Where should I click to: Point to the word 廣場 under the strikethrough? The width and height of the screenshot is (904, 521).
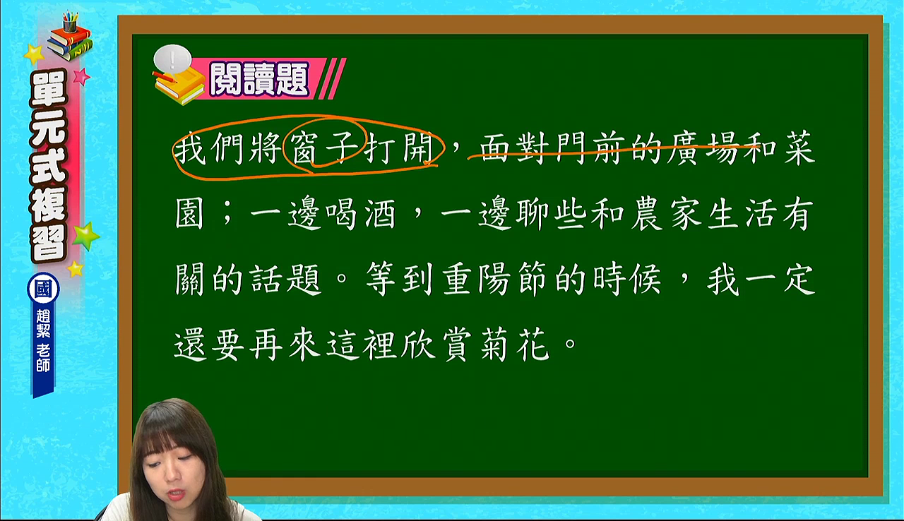[x=702, y=148]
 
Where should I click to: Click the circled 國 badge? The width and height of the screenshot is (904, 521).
[x=43, y=289]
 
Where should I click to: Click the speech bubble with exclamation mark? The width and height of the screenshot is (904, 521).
[x=172, y=59]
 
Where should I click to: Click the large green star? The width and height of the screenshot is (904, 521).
[x=85, y=236]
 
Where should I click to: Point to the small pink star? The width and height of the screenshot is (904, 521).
[x=81, y=76]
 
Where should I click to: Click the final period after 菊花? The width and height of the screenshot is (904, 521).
[x=571, y=344]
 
